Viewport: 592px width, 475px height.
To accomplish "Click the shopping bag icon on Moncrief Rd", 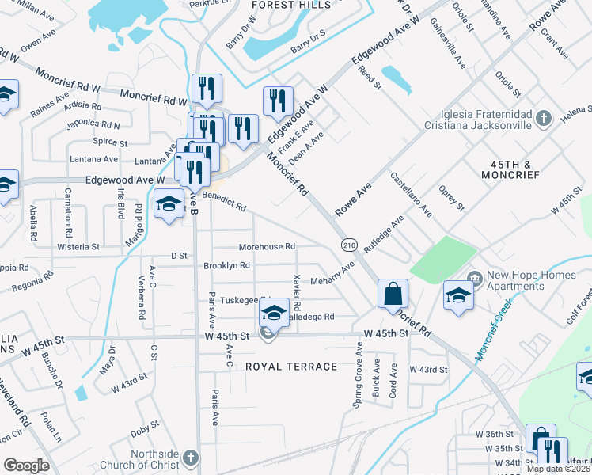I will coord(393,295).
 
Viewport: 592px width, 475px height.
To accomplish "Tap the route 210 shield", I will coord(348,245).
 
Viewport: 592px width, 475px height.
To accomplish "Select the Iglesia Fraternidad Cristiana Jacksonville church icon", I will coord(543,119).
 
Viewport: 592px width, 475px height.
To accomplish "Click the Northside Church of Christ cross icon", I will coord(189,458).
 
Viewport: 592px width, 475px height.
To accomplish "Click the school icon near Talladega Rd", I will coord(274,313).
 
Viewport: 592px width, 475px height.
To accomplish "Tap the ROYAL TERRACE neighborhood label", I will coord(290,367).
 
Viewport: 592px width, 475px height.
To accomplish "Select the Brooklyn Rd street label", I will coord(227,266).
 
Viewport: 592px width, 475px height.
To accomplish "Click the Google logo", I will coord(26,465).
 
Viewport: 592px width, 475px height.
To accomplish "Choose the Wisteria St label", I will coord(78,247).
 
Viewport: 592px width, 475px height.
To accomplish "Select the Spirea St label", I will coord(111,143).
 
